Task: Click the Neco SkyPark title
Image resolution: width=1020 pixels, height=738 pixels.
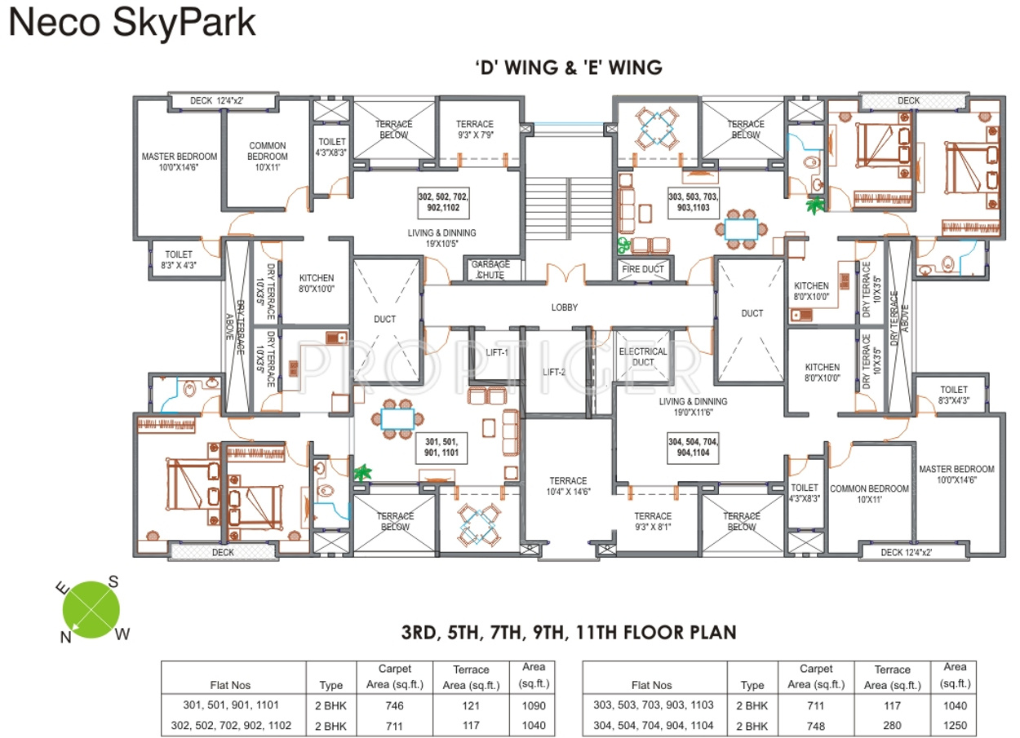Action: point(132,24)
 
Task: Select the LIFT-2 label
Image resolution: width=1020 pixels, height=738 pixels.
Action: point(554,372)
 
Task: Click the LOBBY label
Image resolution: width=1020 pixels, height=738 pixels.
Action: point(564,307)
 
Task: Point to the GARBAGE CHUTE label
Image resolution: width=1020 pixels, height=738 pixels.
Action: point(490,270)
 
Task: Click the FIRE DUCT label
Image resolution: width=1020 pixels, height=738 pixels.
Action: point(643,269)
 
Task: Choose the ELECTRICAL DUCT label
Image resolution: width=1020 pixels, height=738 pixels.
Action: point(643,356)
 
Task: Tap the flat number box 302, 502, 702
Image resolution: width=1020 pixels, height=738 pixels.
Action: point(443,202)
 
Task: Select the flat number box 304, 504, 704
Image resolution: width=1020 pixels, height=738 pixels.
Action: point(693,446)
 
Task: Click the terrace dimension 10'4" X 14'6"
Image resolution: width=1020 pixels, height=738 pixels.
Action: point(568,486)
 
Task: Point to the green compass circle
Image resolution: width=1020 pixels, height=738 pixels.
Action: point(91,608)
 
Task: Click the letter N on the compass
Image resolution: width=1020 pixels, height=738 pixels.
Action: point(65,638)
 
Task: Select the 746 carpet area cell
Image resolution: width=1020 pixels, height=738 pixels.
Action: point(395,705)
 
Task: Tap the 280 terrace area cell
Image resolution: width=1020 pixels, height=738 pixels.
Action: point(892,725)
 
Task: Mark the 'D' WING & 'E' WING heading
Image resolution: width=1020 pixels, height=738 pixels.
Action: point(568,68)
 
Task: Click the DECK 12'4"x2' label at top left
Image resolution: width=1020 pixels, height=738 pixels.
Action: point(217,101)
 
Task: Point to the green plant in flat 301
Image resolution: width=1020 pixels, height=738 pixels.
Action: point(361,471)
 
